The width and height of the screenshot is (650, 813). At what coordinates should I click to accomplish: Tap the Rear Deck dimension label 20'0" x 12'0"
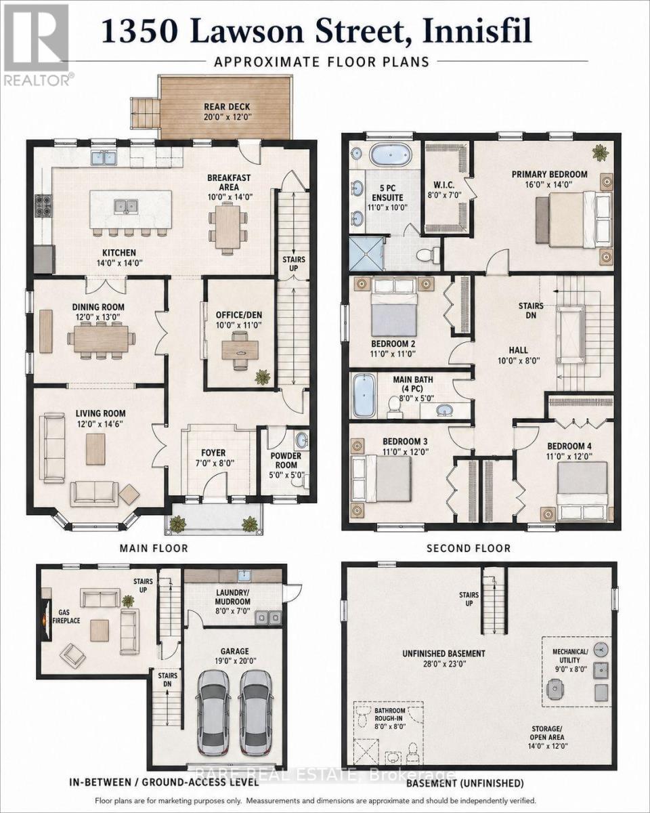pos(227,117)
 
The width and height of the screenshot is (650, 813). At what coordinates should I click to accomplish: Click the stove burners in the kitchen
pos(41,205)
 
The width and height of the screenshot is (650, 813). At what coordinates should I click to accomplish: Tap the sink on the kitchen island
pos(125,206)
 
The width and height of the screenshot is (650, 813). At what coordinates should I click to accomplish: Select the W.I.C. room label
pos(443,185)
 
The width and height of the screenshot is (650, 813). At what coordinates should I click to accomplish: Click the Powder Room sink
pos(301,440)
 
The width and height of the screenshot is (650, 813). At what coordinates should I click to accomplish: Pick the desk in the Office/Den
pos(240,350)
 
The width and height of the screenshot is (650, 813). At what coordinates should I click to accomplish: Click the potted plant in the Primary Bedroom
pos(600,152)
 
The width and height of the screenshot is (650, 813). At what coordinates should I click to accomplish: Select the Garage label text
pos(234,651)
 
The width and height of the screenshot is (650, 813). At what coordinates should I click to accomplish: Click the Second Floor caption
pos(469,548)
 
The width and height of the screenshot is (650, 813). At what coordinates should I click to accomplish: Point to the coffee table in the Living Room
pos(95,449)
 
